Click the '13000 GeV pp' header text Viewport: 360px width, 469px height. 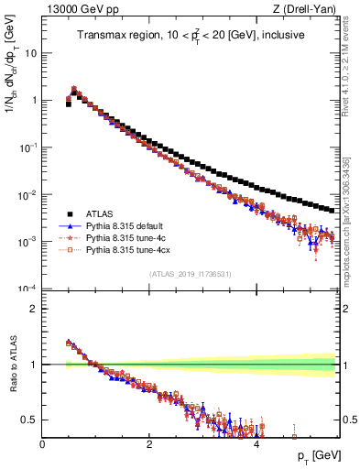pyautogui.click(x=76, y=8)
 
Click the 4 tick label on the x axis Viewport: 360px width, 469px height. pyautogui.click(x=256, y=444)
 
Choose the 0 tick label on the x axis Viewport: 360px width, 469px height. pyautogui.click(x=43, y=444)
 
